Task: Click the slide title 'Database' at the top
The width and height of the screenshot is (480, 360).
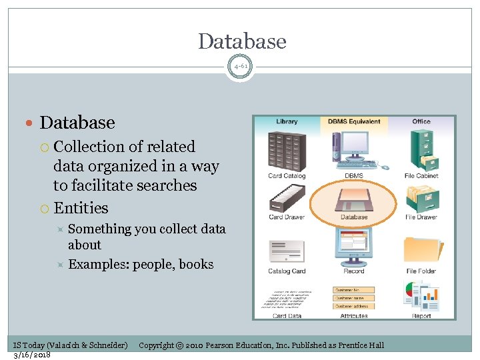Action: [x=242, y=41]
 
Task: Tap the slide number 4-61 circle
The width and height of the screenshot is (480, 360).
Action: [x=240, y=67]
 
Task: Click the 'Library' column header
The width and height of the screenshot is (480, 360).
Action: [x=287, y=122]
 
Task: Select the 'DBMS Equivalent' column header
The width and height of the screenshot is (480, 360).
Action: [x=354, y=122]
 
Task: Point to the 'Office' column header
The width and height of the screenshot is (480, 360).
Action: [x=421, y=122]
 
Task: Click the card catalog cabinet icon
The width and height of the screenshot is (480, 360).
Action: [x=287, y=150]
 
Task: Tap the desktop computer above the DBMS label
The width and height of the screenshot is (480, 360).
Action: [x=354, y=151]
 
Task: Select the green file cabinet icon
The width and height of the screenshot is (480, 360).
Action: [x=422, y=150]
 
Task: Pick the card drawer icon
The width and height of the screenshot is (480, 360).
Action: [x=287, y=197]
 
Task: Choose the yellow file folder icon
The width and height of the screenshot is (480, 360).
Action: [x=422, y=247]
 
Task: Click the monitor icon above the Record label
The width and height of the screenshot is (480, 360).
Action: [x=354, y=245]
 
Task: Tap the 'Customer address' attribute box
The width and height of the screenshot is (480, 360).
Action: [x=354, y=307]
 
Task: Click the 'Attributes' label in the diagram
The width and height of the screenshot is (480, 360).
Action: [x=354, y=316]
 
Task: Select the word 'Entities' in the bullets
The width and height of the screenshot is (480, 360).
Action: [x=81, y=208]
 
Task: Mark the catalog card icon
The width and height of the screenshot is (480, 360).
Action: [x=287, y=247]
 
